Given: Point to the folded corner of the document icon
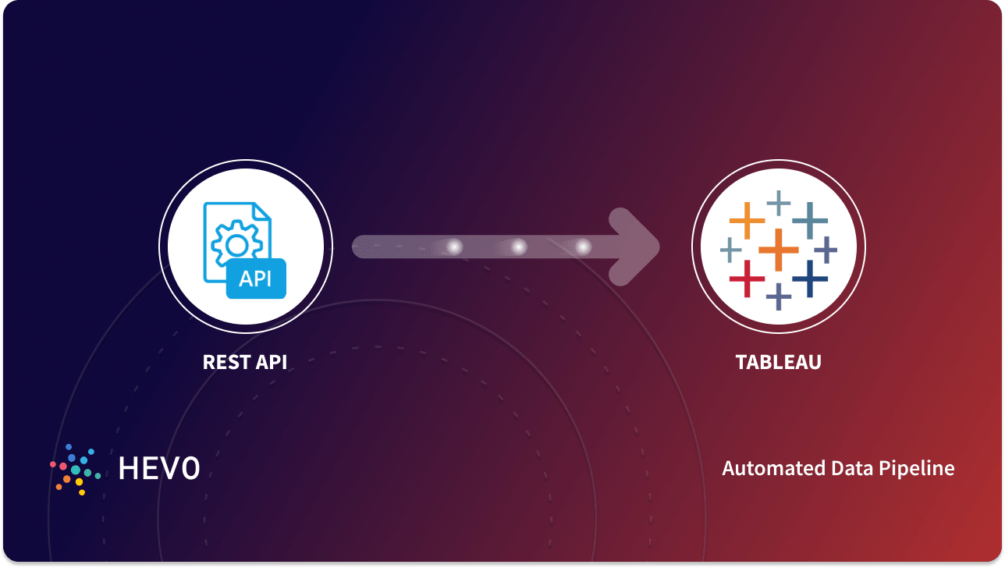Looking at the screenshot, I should pyautogui.click(x=261, y=212).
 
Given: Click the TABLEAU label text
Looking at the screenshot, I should pyautogui.click(x=778, y=363).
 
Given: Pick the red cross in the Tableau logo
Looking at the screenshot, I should pyautogui.click(x=747, y=279).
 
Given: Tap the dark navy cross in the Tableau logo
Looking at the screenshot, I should pyautogui.click(x=810, y=279).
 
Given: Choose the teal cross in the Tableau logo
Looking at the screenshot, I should pyautogui.click(x=810, y=220).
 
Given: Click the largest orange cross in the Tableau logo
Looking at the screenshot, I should pyautogui.click(x=779, y=249).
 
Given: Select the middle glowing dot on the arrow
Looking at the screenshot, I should pyautogui.click(x=518, y=247).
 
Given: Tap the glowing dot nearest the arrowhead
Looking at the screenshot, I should pyautogui.click(x=583, y=247).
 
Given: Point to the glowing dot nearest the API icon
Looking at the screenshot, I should pyautogui.click(x=454, y=247).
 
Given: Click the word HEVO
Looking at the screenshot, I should pyautogui.click(x=159, y=468).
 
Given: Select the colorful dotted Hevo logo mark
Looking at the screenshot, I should pyautogui.click(x=75, y=469).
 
